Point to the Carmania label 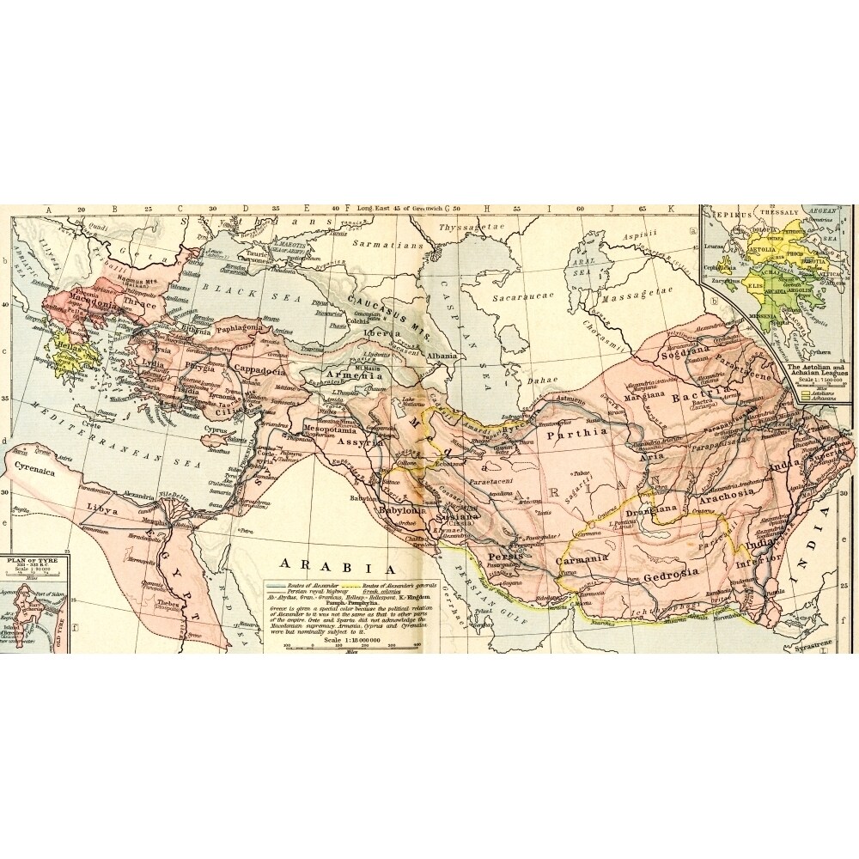(x=582, y=559)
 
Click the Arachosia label (x=726, y=498)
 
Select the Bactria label (x=701, y=399)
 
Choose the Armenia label (x=352, y=375)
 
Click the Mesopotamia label (x=332, y=427)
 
